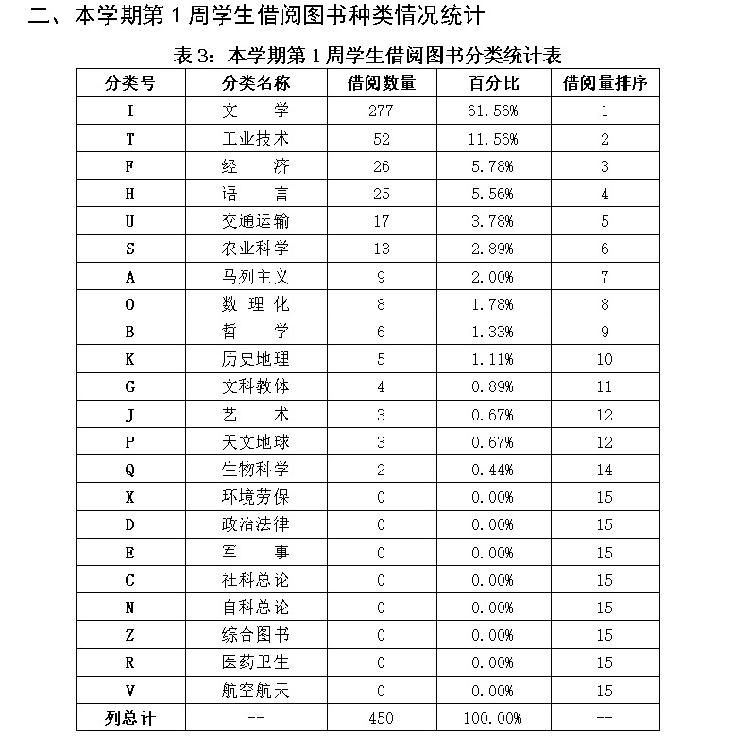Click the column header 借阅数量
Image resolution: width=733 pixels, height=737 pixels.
tap(382, 82)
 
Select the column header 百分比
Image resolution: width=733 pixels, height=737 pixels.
tap(493, 82)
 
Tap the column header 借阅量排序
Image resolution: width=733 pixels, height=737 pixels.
tap(605, 82)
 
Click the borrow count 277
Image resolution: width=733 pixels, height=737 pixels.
tap(382, 111)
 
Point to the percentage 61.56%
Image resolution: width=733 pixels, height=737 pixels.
tap(493, 111)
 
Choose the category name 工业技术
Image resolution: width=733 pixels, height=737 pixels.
tap(255, 138)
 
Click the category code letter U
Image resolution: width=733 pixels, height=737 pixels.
tap(130, 221)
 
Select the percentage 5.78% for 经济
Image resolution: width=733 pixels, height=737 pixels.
tap(493, 166)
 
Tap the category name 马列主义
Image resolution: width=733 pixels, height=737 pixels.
tap(255, 277)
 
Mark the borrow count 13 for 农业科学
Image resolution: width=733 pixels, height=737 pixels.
tap(382, 249)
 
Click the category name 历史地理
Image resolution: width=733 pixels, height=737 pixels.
tap(255, 359)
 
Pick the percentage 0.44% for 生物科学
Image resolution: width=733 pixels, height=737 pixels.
tap(493, 470)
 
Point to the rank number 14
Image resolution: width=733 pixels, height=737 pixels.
tap(605, 470)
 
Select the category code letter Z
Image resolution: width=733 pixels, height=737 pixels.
tap(130, 635)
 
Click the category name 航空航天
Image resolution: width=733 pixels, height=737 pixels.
tap(255, 691)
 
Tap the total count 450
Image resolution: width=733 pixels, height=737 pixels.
tap(382, 718)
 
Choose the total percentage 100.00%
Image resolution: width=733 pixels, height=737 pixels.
tap(493, 718)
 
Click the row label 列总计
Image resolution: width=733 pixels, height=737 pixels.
tap(130, 718)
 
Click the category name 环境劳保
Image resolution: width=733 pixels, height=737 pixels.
tap(255, 497)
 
